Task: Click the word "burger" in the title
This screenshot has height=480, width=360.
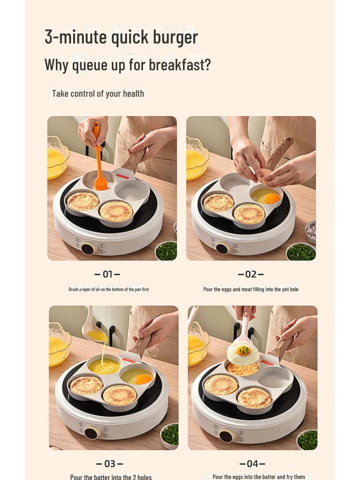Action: [x=172, y=37]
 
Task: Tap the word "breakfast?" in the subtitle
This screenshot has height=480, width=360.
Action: [x=180, y=65]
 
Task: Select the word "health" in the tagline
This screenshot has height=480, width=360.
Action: [x=133, y=94]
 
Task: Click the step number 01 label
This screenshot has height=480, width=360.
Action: [x=107, y=274]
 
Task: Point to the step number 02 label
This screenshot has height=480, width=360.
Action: [x=251, y=274]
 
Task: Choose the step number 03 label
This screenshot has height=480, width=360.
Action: [x=109, y=464]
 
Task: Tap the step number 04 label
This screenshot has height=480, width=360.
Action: [x=252, y=464]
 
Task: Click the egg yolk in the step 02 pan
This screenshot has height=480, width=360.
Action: [x=272, y=198]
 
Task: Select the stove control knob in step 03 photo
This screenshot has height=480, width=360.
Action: [x=90, y=432]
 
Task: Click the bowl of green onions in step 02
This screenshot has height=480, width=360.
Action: [x=300, y=252]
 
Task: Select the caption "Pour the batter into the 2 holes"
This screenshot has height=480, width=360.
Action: [x=111, y=477]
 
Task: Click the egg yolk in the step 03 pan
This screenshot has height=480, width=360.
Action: [x=143, y=379]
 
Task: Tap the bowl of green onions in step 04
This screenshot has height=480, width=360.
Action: [x=307, y=439]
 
